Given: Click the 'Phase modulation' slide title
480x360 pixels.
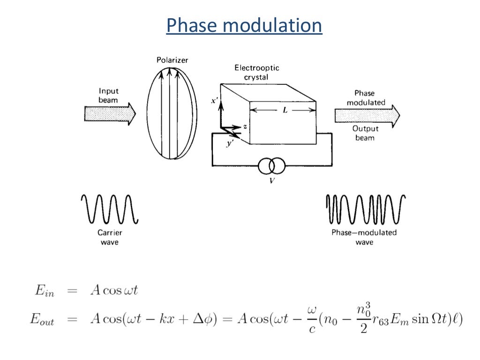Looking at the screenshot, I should [x=244, y=26].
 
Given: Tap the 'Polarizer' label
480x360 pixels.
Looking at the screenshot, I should [x=172, y=60].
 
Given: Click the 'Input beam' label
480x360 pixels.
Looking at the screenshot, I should [x=108, y=96].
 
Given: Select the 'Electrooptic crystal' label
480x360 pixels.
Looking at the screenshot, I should [x=252, y=73].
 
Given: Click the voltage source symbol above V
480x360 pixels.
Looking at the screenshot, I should [x=271, y=165].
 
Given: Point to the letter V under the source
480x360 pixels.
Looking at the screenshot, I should [x=271, y=180].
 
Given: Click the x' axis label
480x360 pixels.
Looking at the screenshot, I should [x=214, y=101].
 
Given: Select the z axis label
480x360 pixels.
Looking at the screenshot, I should [x=245, y=127].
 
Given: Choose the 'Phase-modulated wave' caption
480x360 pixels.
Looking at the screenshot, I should [x=364, y=237].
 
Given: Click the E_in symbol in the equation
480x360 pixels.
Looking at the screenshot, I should [x=45, y=291].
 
